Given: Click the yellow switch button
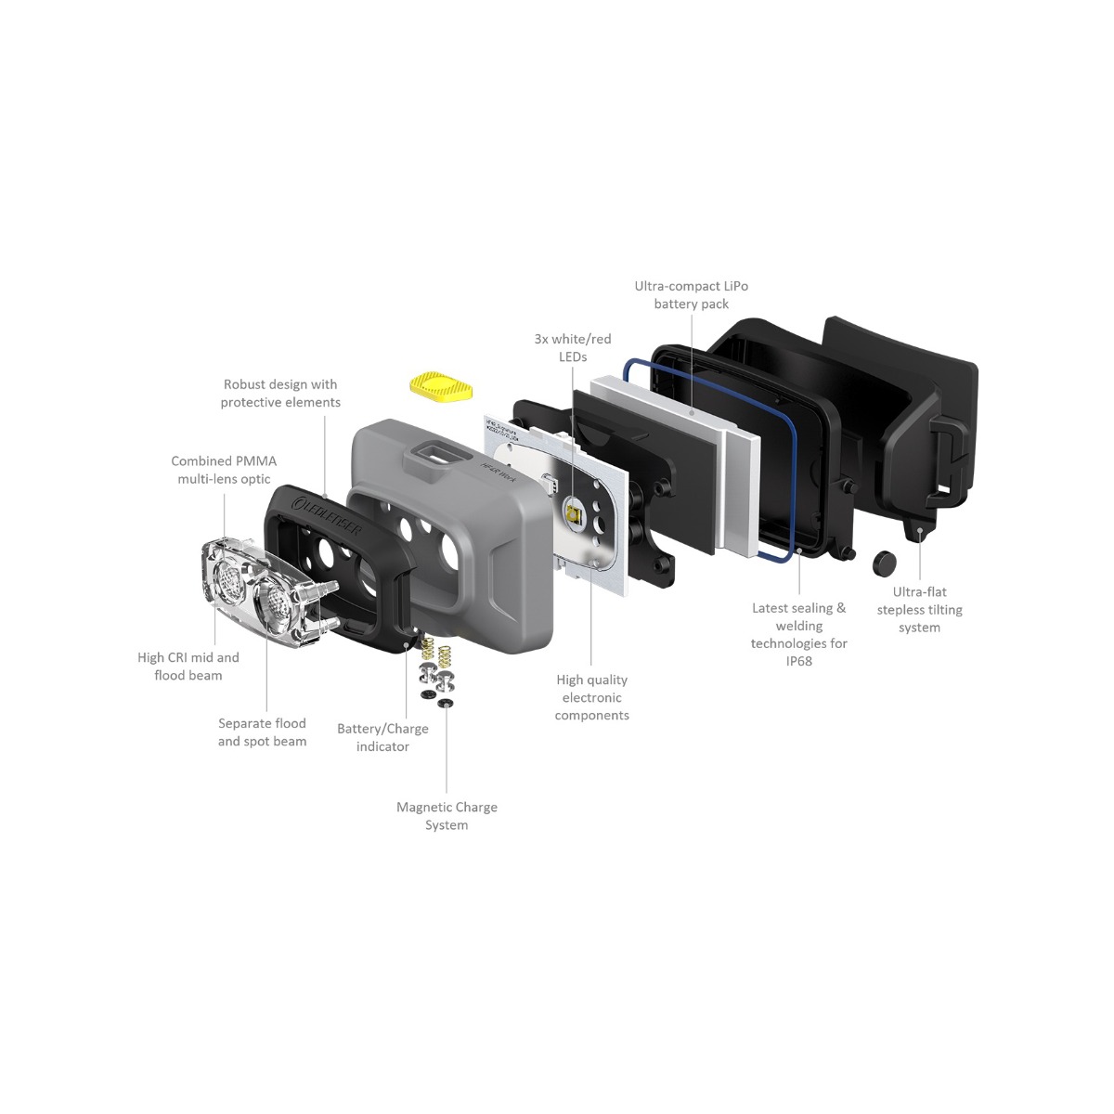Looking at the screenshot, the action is [x=440, y=385].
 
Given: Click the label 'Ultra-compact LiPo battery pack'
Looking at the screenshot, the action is [x=691, y=295].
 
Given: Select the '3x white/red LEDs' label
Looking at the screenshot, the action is [x=573, y=348].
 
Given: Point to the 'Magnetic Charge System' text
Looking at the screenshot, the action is [x=447, y=816].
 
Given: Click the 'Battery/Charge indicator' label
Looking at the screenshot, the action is [x=382, y=737].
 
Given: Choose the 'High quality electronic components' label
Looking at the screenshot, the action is [x=591, y=697].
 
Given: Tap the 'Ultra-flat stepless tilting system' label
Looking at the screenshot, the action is [x=919, y=609].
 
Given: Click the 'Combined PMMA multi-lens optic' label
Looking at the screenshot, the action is [x=224, y=470].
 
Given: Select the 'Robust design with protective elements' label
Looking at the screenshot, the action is [x=280, y=393].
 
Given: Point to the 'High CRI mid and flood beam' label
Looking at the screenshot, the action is [x=188, y=666].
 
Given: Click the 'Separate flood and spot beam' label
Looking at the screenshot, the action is [x=262, y=732].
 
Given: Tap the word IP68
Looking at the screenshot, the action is [x=798, y=661].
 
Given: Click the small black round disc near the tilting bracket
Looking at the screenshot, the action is [x=885, y=560].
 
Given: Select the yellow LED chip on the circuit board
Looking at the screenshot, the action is [x=574, y=512].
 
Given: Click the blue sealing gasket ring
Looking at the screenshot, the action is [x=708, y=459].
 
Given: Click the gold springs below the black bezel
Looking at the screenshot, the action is [x=436, y=650].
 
